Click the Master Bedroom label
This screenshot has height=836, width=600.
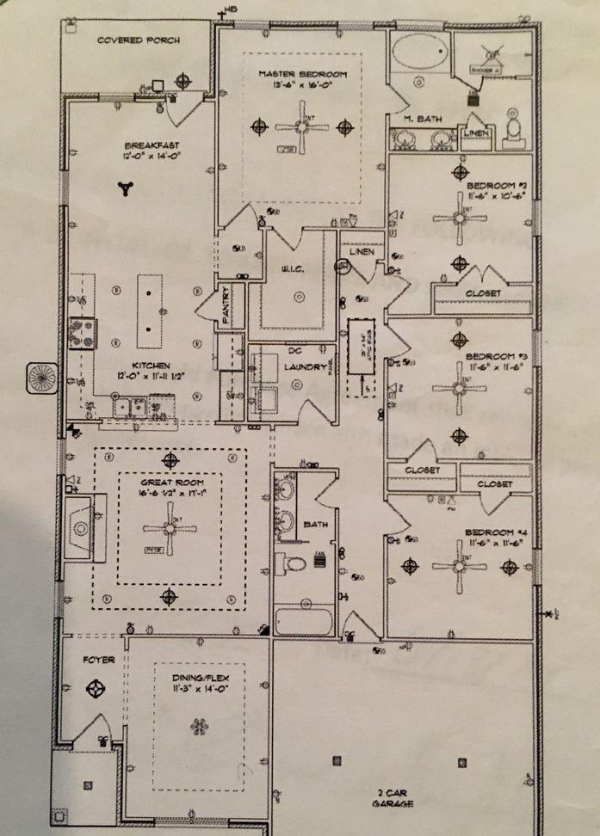pos(301,75)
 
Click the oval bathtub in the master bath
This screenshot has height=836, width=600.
pos(419,54)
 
